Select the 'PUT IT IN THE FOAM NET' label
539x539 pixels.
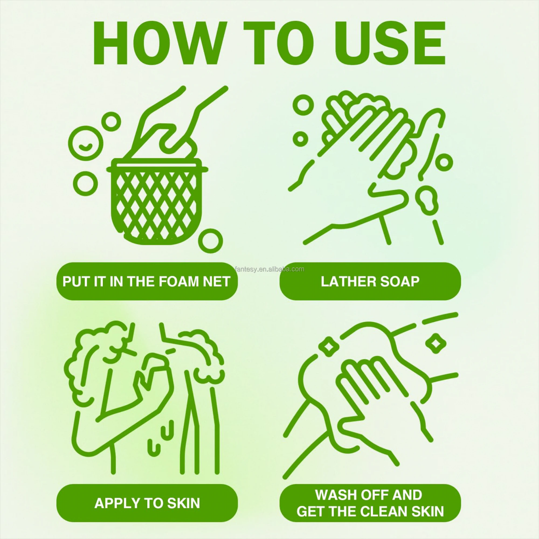[x=147, y=281]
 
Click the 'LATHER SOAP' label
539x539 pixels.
[x=370, y=281]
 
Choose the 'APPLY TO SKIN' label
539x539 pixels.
[x=147, y=503]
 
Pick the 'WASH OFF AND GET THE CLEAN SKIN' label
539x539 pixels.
[x=370, y=503]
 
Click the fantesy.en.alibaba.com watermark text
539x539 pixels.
[x=269, y=269]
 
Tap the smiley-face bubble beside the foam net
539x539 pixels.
[x=86, y=143]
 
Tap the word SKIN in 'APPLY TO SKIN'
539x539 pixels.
[x=183, y=503]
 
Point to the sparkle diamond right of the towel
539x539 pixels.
[x=436, y=343]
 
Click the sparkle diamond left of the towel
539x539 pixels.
[x=328, y=345]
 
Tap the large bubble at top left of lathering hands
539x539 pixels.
[x=303, y=104]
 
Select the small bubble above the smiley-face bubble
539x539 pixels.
[x=111, y=121]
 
